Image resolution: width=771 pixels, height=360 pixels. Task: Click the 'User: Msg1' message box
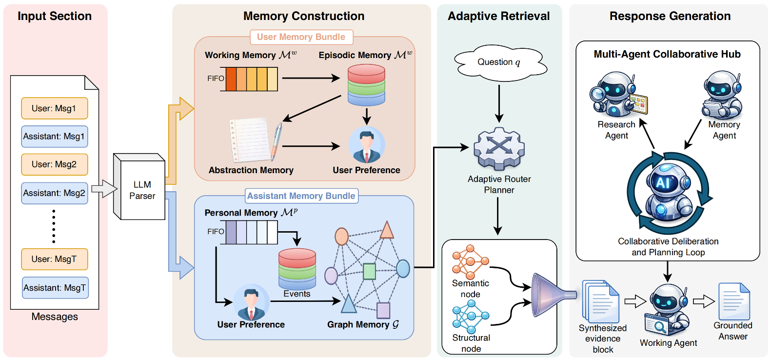coord(55,108)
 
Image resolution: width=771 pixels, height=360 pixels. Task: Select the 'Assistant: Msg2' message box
coord(55,193)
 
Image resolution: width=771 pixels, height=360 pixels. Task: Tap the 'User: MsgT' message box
coord(55,259)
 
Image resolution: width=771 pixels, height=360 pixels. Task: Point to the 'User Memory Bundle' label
coord(301,37)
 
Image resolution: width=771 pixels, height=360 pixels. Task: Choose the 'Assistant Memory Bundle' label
coord(301,196)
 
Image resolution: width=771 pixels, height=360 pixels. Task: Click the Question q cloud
coord(499,62)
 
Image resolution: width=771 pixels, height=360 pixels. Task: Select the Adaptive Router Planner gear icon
coord(499,148)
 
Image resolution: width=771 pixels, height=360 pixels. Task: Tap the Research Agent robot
coord(616,95)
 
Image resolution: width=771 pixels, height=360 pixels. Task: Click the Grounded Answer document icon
coord(734,301)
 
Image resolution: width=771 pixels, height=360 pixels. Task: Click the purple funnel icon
coord(551,294)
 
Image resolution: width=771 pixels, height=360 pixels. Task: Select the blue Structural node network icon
coord(470,317)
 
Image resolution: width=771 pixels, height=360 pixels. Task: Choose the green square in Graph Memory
coord(370,271)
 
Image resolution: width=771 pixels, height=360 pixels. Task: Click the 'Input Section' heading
coord(55,16)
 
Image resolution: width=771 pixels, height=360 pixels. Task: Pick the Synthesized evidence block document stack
coord(601,301)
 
